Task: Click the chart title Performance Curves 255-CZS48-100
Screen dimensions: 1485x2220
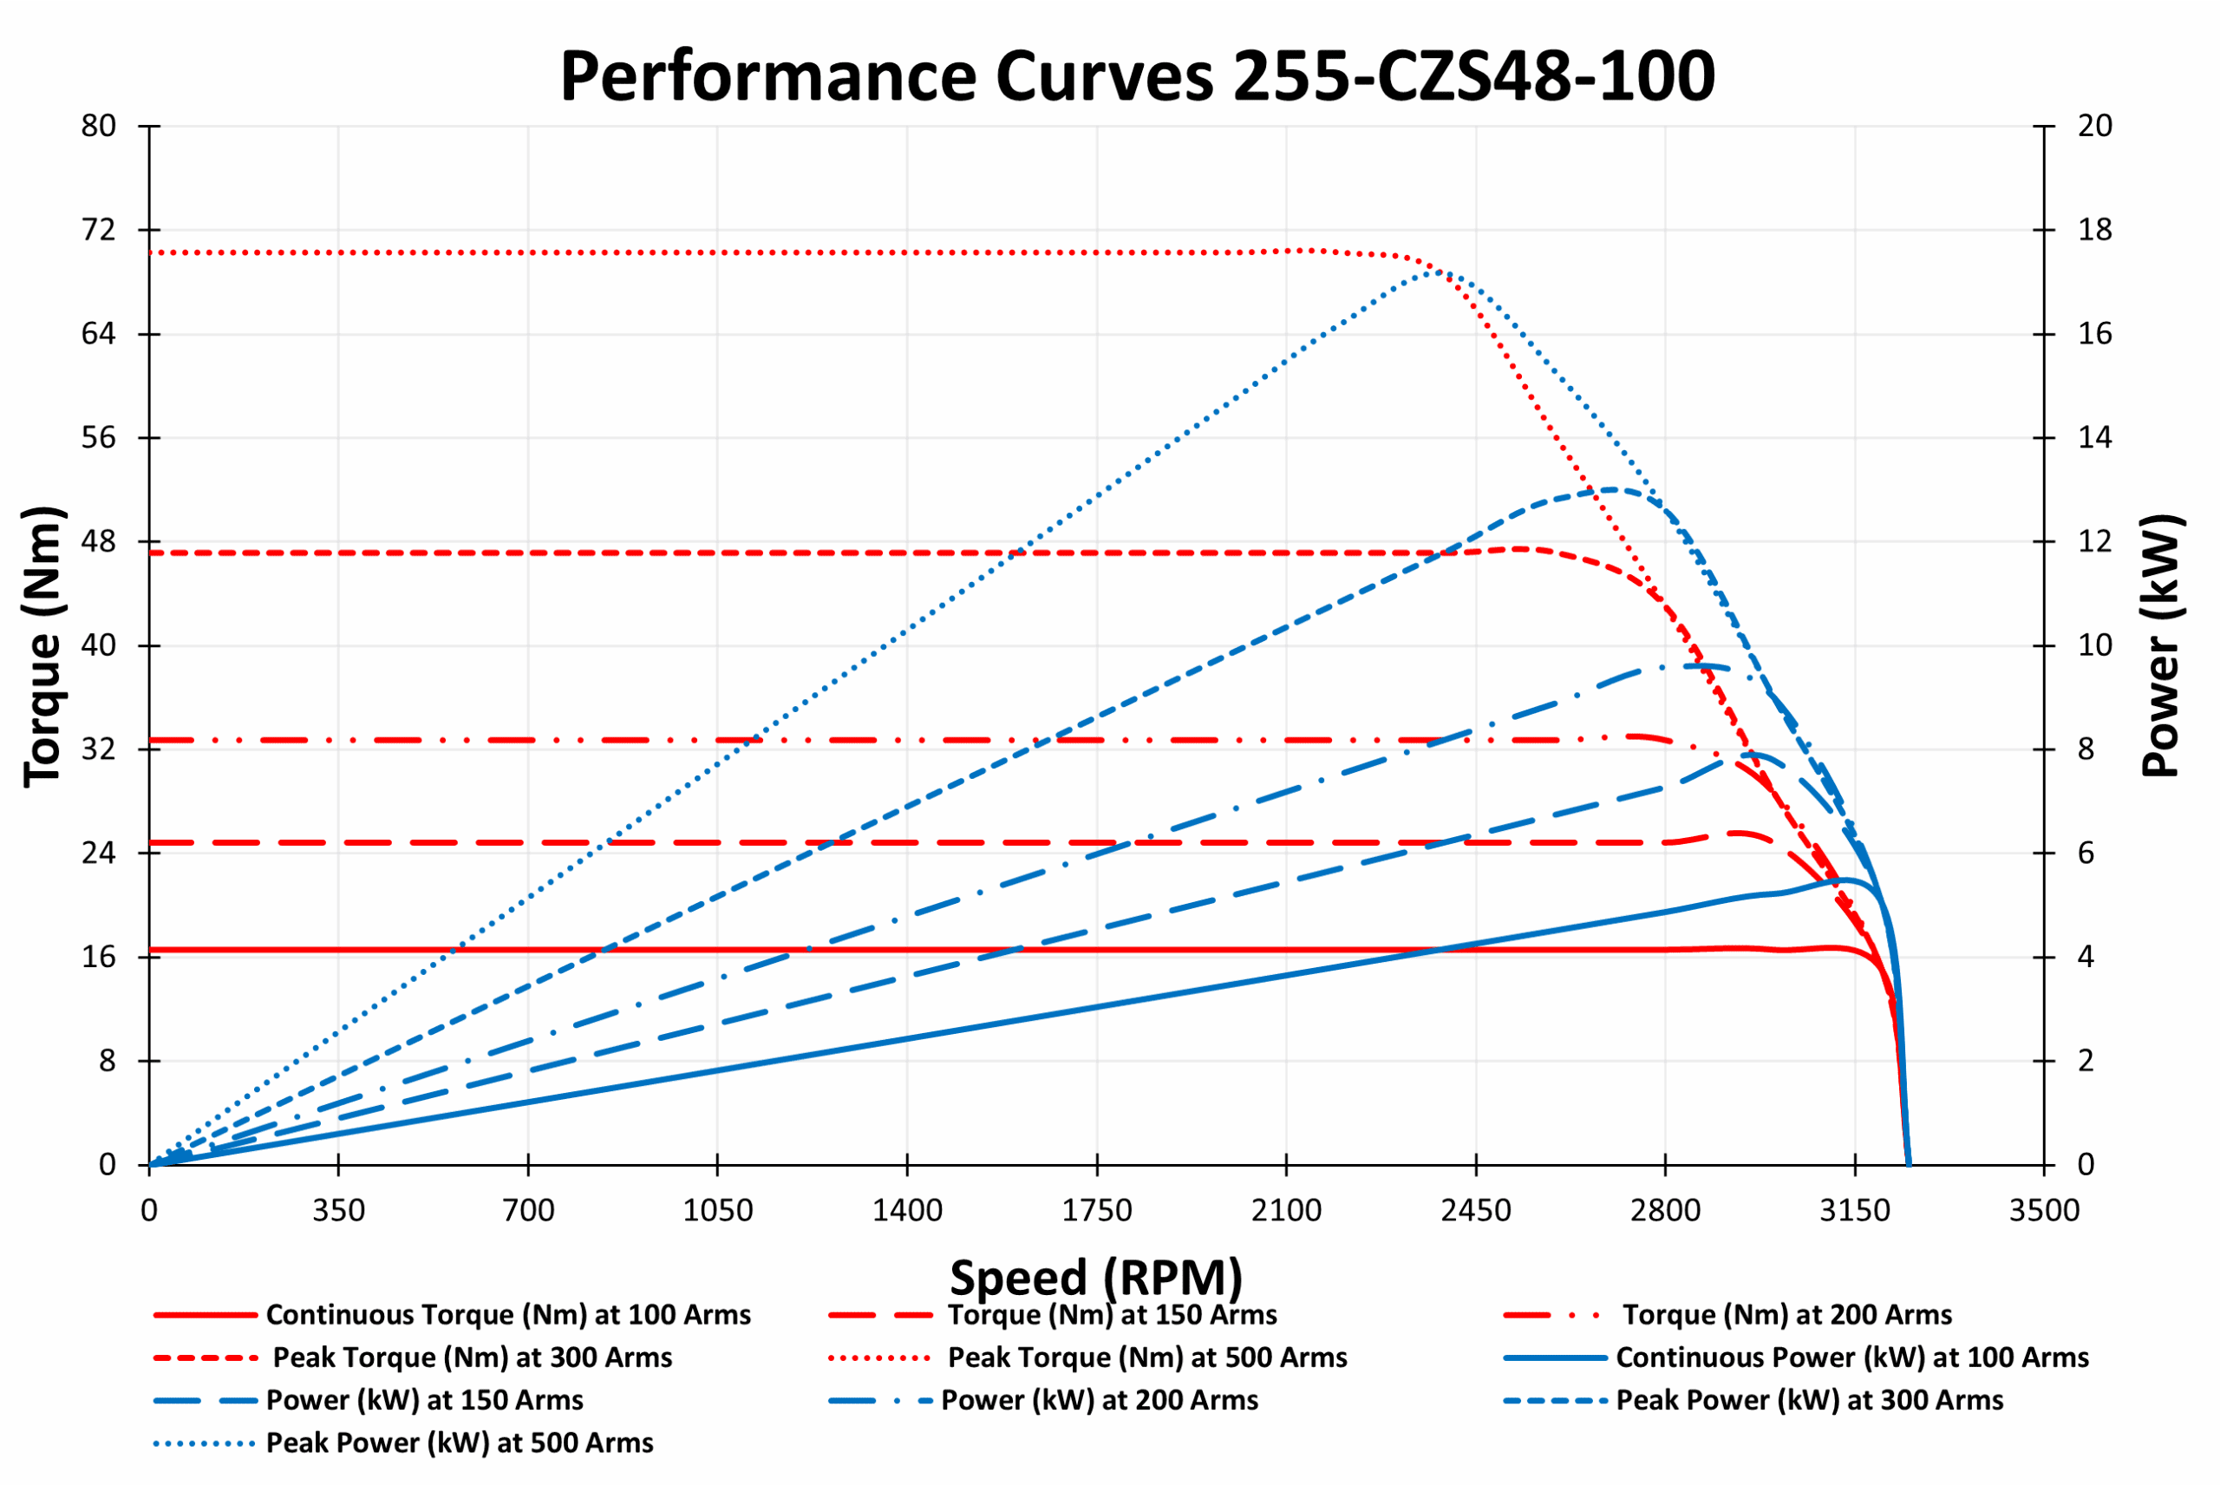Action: click(1136, 75)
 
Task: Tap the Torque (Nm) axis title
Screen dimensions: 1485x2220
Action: click(42, 646)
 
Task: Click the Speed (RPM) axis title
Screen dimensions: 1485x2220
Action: click(1095, 1278)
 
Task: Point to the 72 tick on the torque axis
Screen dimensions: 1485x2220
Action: click(99, 230)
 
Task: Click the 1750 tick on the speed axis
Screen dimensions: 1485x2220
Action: click(1096, 1210)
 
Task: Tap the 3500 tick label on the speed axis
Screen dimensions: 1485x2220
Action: click(2044, 1210)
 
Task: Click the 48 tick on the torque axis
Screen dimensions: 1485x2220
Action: click(99, 542)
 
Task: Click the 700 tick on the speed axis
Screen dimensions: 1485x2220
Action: click(528, 1210)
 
